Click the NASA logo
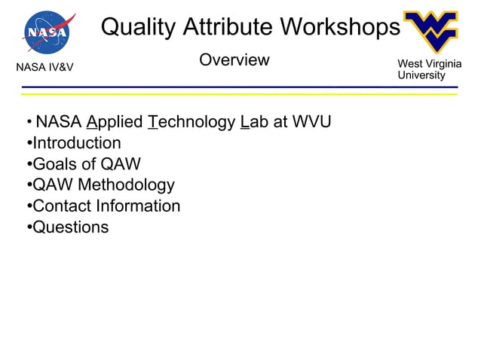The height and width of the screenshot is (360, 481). (x=48, y=32)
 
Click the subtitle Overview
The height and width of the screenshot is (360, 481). (x=234, y=60)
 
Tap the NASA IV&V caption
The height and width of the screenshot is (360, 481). (x=44, y=71)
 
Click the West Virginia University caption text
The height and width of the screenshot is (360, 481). (x=429, y=70)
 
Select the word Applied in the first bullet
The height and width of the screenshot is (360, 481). (x=115, y=122)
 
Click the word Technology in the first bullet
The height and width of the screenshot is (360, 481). (x=191, y=122)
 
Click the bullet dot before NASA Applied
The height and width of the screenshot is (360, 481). (x=28, y=123)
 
